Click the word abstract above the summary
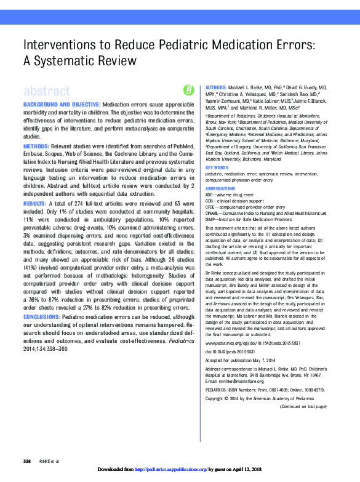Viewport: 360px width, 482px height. tap(46, 91)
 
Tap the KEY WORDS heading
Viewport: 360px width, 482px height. tap(217, 167)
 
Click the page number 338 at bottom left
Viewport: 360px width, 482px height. tap(27, 461)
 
